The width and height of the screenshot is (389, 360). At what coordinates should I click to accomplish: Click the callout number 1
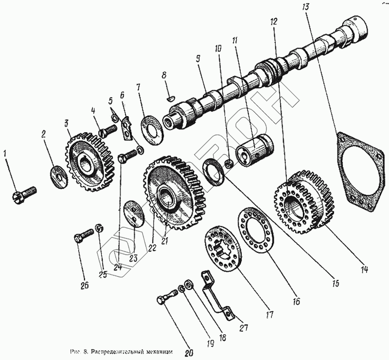pos(5,154)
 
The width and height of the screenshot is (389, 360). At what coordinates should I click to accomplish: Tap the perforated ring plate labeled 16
pos(256,230)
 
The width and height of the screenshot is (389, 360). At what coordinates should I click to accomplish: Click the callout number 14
pos(363,270)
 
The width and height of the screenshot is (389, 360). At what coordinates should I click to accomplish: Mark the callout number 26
pos(85,286)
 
